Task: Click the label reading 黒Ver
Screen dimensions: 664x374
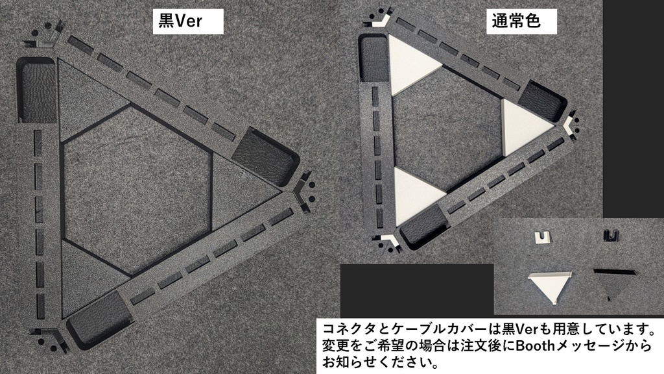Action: pos(180,21)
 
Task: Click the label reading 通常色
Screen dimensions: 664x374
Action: pos(516,21)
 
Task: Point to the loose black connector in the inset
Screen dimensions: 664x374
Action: pos(610,236)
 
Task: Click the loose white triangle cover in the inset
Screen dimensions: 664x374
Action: pos(551,287)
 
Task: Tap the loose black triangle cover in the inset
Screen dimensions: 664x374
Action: pos(615,283)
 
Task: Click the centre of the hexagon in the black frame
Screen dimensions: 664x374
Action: pos(136,191)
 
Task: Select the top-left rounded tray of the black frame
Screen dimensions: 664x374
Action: pos(37,90)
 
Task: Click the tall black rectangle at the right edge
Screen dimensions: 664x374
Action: pos(634,109)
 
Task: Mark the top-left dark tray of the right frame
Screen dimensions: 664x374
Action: pos(373,58)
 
